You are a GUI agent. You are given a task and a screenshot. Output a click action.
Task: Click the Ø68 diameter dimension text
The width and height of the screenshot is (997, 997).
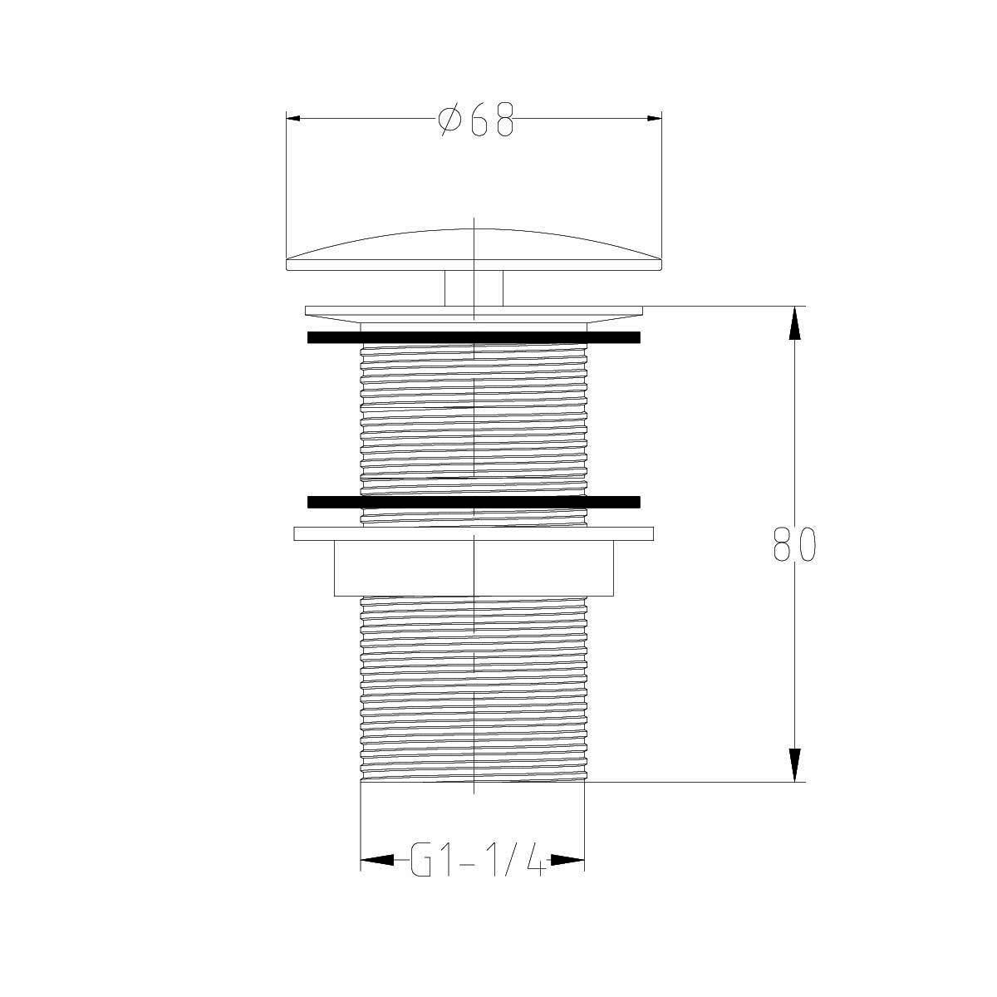pyautogui.click(x=476, y=120)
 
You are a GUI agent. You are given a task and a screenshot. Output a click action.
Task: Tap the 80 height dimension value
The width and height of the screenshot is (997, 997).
pyautogui.click(x=794, y=544)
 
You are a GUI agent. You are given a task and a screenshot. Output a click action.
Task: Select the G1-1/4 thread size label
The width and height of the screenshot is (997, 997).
pyautogui.click(x=478, y=862)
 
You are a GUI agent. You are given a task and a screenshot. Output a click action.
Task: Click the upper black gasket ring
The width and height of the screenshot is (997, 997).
pyautogui.click(x=474, y=337)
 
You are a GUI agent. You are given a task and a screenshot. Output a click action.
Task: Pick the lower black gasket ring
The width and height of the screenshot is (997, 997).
pyautogui.click(x=474, y=502)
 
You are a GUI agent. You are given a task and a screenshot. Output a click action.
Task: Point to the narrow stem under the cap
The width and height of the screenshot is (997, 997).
pyautogui.click(x=474, y=288)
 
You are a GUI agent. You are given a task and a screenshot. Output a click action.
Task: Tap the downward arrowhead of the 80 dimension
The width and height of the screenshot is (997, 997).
pyautogui.click(x=795, y=765)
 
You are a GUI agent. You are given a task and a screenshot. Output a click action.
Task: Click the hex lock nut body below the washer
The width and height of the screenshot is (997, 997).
pyautogui.click(x=474, y=568)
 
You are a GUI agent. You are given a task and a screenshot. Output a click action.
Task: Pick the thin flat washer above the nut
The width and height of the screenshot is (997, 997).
pyautogui.click(x=474, y=533)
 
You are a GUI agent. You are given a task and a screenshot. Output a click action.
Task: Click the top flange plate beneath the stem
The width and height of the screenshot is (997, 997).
pyautogui.click(x=474, y=311)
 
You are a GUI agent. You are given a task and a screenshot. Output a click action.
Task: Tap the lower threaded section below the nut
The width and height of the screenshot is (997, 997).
pyautogui.click(x=474, y=690)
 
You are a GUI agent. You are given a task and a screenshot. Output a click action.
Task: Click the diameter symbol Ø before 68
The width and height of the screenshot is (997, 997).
pyautogui.click(x=449, y=120)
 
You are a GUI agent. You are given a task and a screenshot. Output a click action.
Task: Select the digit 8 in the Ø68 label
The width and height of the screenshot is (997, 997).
pyautogui.click(x=503, y=120)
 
